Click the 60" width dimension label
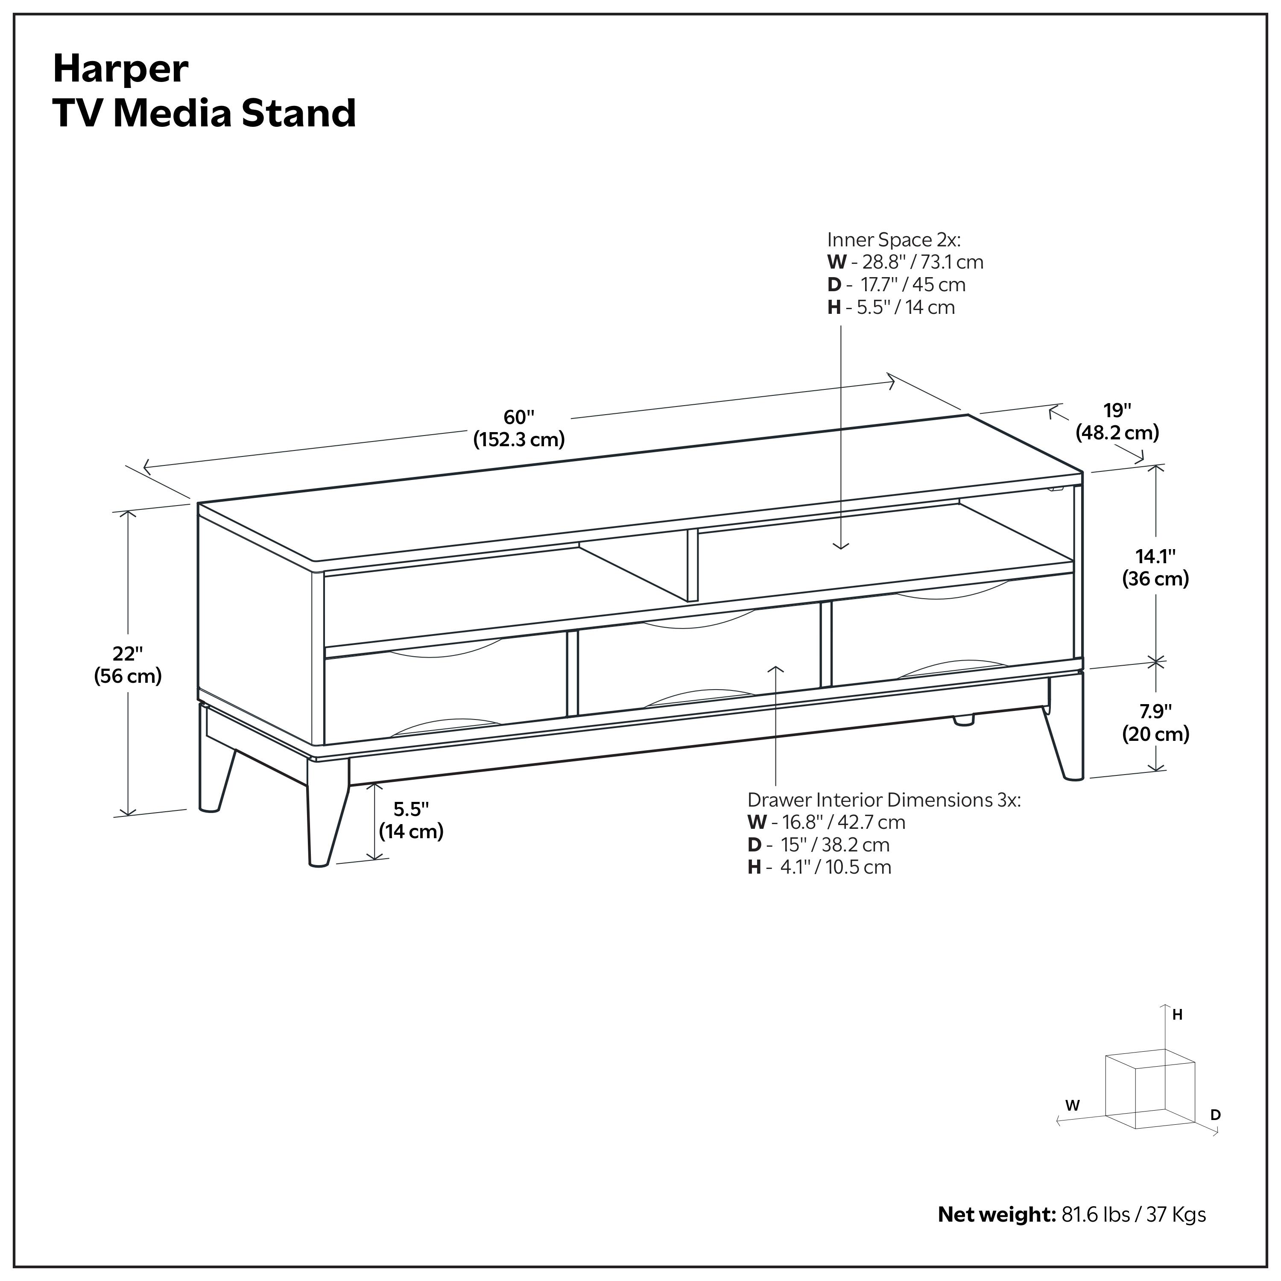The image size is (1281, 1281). [x=518, y=418]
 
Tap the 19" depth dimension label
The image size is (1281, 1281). [x=1117, y=410]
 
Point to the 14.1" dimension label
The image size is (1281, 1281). [x=1156, y=556]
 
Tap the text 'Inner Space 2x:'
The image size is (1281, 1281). [x=893, y=240]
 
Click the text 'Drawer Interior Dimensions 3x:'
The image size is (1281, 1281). [x=884, y=800]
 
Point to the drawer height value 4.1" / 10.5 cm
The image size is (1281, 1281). [x=836, y=867]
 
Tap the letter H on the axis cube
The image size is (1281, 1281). [x=1178, y=1015]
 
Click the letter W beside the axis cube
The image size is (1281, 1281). [x=1072, y=1106]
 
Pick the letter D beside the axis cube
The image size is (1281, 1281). [x=1215, y=1115]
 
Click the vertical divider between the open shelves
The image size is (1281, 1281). [x=692, y=565]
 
